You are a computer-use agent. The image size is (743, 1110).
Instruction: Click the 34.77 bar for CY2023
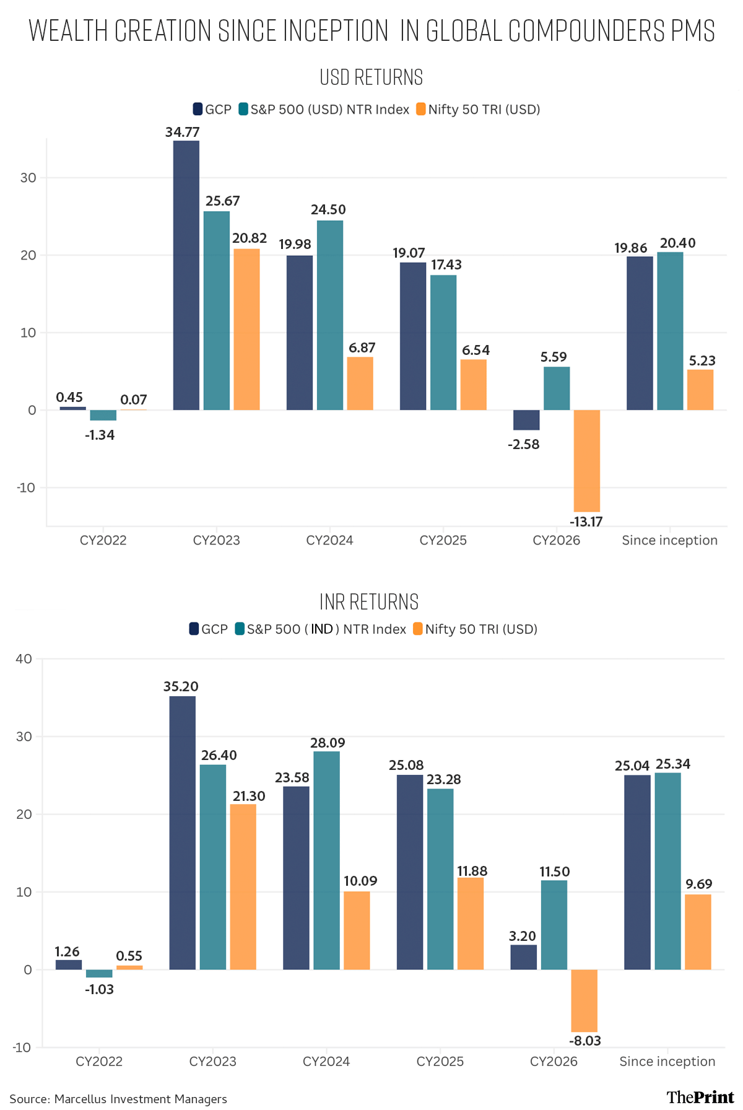coord(186,275)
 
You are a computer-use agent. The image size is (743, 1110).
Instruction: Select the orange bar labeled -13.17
coord(587,461)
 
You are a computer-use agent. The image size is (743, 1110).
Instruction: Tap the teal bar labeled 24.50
coord(330,315)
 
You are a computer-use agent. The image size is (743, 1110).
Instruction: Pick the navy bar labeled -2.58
coord(526,420)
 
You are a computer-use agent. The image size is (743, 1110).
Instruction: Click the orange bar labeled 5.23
coord(700,390)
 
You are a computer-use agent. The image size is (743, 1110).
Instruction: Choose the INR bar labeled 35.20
coord(183,833)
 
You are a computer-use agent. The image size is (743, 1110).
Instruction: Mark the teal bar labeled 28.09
coord(326,860)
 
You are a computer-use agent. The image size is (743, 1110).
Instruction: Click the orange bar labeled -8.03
coord(584,1000)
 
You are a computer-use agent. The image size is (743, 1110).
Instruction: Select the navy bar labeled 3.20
coord(524,957)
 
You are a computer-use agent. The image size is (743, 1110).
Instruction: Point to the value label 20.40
coord(678,243)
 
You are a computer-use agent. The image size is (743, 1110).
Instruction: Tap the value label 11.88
coord(472,871)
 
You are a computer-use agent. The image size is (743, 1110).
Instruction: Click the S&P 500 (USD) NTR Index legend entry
coord(324,110)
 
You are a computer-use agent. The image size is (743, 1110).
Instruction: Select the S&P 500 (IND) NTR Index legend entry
coord(321,629)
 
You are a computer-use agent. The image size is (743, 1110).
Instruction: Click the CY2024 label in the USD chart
coord(329,540)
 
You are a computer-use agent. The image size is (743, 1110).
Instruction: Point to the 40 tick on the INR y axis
coord(24,658)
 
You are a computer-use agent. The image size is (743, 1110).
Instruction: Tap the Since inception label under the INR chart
coord(667,1061)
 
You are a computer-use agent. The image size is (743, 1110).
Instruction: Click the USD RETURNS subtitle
coord(371,77)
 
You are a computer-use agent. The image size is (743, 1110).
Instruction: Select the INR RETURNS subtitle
coord(369,601)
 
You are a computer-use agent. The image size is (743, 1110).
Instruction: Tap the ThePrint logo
coord(700,1097)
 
